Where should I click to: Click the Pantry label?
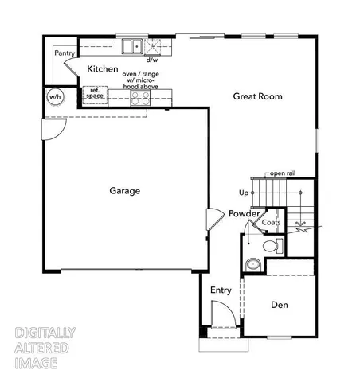(x=65, y=53)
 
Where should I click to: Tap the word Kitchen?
(x=104, y=69)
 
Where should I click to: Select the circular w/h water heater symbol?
(x=55, y=97)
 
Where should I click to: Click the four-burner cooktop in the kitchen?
(x=140, y=97)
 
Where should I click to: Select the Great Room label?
(x=257, y=96)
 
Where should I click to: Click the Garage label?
(x=125, y=191)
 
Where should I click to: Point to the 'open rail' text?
(x=283, y=173)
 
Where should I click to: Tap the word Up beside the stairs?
(x=243, y=193)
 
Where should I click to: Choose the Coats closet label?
(x=272, y=223)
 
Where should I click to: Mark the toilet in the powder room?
(x=271, y=244)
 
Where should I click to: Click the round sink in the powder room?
(x=252, y=263)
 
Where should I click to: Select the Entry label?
(x=221, y=290)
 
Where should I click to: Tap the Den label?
(x=278, y=305)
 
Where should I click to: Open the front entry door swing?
(x=223, y=316)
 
